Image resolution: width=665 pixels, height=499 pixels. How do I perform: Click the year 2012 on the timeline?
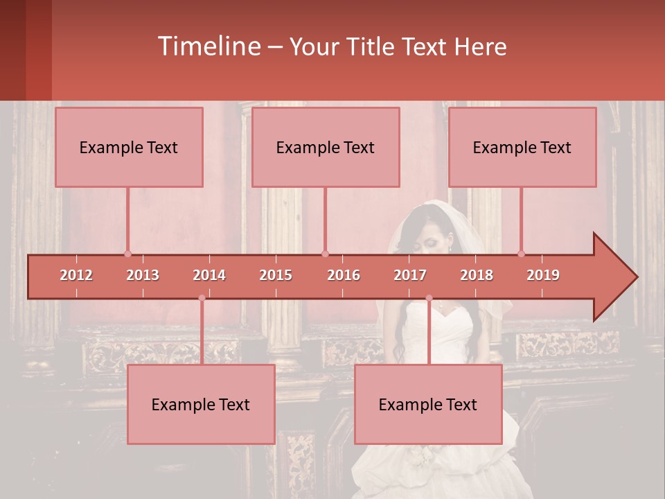pos(76,275)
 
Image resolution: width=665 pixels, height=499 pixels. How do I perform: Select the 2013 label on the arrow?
pos(143,275)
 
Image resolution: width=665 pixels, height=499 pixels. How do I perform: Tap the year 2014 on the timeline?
pos(209,275)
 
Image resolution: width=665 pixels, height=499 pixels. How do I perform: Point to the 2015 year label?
pos(276,275)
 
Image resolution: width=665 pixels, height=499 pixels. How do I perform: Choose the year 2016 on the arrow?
pos(344,275)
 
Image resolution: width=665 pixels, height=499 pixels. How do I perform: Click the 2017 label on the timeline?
pos(410,275)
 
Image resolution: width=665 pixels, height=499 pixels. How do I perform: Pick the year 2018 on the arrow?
pos(477,275)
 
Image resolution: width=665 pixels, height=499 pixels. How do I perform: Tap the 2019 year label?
pos(543,275)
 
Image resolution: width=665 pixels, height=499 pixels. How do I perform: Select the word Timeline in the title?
pos(208,46)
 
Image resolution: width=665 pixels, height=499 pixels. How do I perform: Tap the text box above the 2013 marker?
pos(129,147)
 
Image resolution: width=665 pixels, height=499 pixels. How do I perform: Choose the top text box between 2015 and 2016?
pos(326,147)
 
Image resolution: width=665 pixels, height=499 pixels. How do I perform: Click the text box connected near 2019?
pos(522,147)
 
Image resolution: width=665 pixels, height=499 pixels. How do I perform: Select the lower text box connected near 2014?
pos(201,404)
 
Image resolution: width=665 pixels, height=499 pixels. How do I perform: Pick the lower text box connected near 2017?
pos(428,404)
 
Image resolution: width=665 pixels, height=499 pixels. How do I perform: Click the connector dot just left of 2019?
pos(522,254)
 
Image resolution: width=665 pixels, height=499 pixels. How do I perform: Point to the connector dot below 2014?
pos(202,298)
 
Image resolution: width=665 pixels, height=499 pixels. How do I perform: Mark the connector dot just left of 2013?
pos(127,254)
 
